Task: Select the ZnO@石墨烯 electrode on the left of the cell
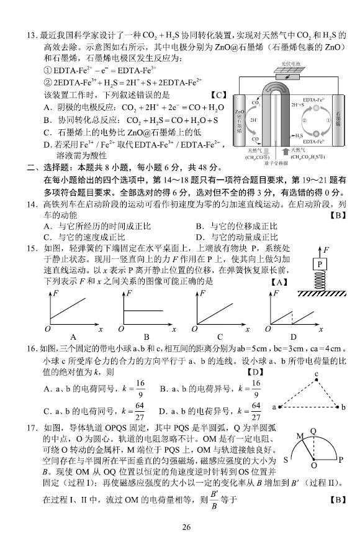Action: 240,120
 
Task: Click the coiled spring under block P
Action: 320,281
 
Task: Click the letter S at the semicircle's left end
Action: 286,460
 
